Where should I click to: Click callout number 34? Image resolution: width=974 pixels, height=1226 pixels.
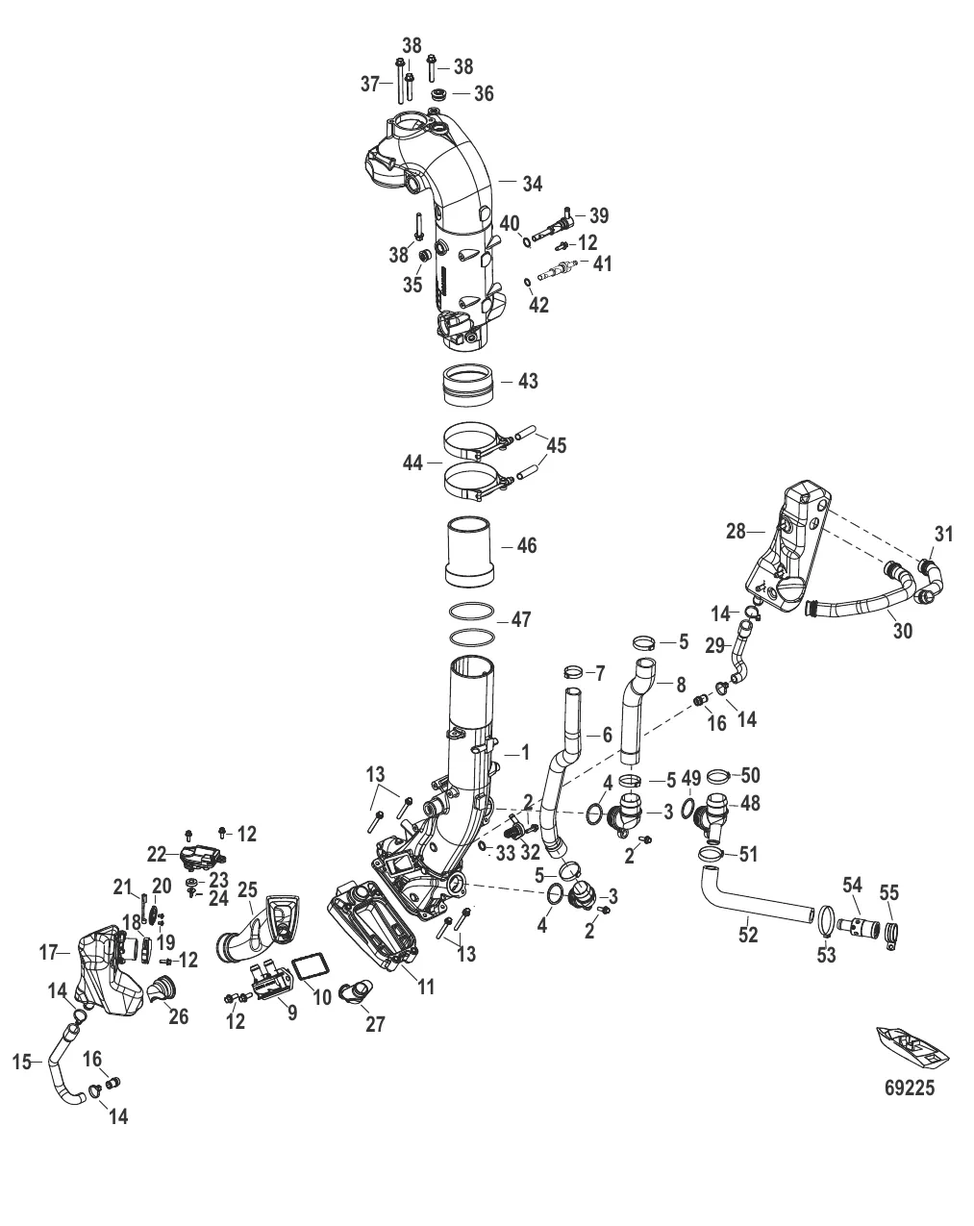click(x=533, y=182)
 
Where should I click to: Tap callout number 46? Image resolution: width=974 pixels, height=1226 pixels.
click(x=527, y=546)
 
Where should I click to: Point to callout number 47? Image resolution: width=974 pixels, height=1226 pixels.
click(x=521, y=620)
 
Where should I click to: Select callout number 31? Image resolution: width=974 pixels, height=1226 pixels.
click(x=944, y=534)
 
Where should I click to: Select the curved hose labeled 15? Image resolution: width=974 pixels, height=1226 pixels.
click(x=56, y=1067)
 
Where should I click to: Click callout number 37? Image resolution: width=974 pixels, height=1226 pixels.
click(x=370, y=85)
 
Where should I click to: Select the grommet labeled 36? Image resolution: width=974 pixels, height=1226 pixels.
click(x=437, y=95)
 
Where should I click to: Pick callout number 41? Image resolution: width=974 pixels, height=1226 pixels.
click(x=602, y=263)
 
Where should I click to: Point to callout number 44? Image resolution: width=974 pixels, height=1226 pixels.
click(x=413, y=463)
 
